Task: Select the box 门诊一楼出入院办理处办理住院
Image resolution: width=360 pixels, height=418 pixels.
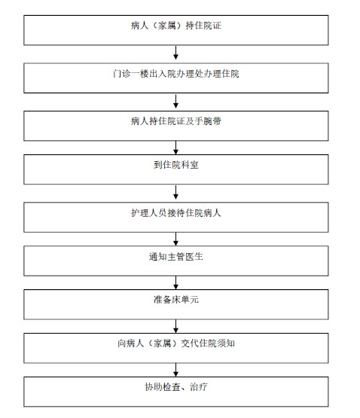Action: click(x=175, y=75)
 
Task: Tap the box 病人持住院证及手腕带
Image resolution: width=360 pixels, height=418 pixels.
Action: click(x=175, y=122)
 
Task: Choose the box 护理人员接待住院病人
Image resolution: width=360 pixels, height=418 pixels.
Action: click(x=175, y=214)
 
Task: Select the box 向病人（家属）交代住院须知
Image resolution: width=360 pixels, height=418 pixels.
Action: click(x=175, y=346)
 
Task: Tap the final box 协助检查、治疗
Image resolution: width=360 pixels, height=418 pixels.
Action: click(x=175, y=389)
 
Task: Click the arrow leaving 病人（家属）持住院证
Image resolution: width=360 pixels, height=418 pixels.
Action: click(x=175, y=52)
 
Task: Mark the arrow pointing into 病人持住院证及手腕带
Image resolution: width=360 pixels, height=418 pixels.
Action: click(x=175, y=99)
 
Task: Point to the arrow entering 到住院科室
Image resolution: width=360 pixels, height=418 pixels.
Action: click(x=175, y=146)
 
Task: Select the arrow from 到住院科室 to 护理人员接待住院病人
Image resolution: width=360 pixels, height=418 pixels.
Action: click(x=175, y=191)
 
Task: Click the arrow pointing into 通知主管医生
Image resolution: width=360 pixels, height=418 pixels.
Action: click(x=175, y=237)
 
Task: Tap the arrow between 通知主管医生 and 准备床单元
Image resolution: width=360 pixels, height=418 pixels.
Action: click(x=175, y=281)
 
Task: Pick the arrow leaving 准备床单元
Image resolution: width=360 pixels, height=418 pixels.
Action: click(x=175, y=325)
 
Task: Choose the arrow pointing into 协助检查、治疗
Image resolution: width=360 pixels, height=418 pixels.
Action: click(x=175, y=368)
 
